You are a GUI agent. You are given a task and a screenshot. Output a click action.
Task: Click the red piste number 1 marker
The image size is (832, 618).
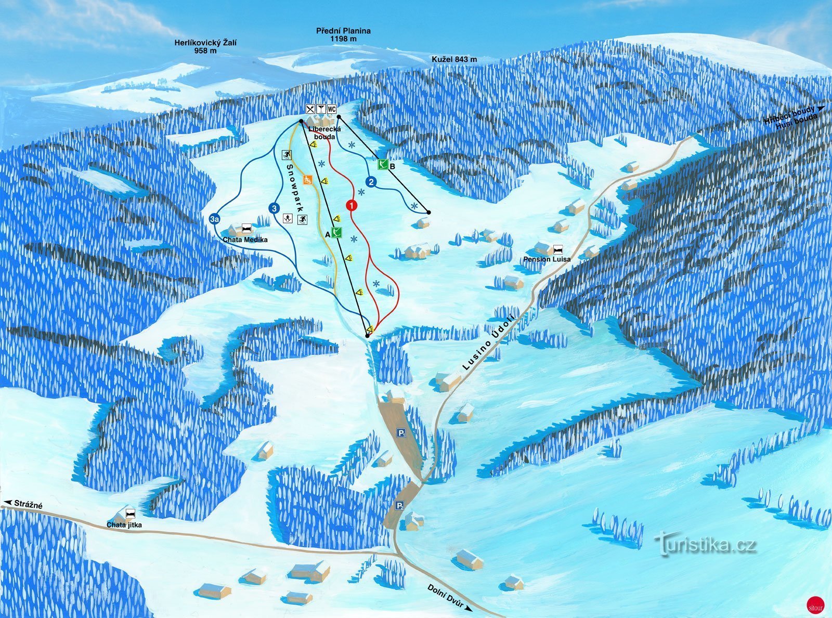click(352, 205)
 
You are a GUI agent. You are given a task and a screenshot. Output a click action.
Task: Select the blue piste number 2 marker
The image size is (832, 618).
click(371, 182)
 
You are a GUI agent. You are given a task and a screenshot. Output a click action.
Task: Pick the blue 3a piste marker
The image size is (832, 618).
click(214, 219)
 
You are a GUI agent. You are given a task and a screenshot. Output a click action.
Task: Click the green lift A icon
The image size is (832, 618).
click(337, 232)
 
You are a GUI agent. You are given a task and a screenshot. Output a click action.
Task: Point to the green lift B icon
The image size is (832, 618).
click(383, 165)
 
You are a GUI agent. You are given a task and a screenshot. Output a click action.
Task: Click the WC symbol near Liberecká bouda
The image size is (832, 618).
click(331, 109)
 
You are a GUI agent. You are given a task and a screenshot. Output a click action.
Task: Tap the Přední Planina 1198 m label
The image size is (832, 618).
click(343, 34)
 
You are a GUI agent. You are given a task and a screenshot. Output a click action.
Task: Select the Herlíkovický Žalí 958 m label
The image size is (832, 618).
click(205, 47)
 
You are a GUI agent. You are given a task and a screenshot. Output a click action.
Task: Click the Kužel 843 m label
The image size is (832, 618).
click(454, 59)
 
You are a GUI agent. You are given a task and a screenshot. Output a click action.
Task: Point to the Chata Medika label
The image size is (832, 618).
click(245, 240)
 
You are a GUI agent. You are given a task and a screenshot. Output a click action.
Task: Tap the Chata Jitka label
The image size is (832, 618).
click(124, 525)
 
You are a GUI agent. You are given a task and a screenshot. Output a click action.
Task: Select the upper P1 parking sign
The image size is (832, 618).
click(401, 433)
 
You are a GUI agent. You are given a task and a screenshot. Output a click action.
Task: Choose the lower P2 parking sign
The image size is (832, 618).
click(399, 506)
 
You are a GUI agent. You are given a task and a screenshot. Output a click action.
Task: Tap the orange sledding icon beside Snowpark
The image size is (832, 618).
click(308, 180)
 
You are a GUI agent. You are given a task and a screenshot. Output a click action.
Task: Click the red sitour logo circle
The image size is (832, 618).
click(815, 606)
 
